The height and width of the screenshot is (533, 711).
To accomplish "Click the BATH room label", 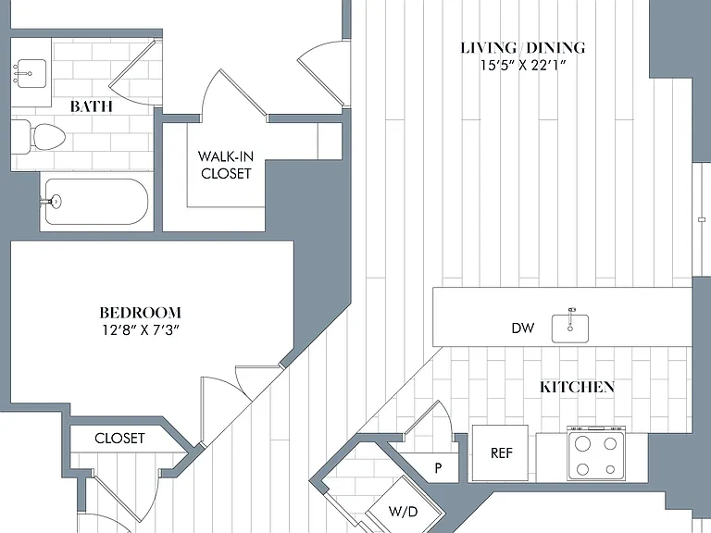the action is [91, 106].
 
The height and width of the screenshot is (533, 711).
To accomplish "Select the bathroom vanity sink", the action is [29, 73].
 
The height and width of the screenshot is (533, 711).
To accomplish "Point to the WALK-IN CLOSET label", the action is [226, 165].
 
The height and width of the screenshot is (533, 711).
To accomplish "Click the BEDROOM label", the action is [141, 313].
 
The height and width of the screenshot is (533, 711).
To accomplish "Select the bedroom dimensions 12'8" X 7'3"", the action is [141, 330].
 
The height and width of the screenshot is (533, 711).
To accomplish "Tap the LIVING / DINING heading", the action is [523, 48].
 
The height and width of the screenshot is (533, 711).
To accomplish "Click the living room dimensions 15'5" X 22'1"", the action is [523, 66].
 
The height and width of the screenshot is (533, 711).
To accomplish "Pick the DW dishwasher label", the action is [523, 328].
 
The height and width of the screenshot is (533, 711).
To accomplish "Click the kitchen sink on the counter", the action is [570, 328].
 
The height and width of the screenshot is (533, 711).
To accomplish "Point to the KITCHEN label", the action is [578, 387].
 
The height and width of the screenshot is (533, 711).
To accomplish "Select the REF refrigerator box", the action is [500, 452].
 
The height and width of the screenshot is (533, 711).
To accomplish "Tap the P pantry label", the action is [438, 468].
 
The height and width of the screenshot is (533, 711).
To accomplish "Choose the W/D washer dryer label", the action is [403, 512].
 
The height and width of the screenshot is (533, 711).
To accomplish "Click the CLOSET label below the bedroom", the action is [119, 439].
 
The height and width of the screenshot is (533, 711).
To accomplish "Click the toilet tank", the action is [20, 137].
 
